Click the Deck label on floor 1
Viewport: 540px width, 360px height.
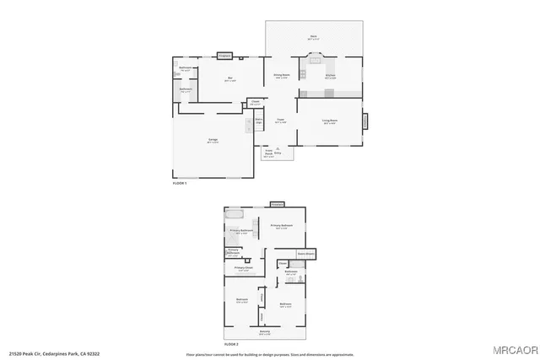point(313,37)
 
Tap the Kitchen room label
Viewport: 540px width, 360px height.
point(331,77)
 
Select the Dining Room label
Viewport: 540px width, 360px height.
point(282,77)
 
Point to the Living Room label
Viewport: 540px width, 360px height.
point(330,121)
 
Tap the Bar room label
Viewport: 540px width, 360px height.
point(230,80)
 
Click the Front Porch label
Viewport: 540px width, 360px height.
point(269,154)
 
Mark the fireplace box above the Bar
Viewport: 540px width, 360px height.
point(224,56)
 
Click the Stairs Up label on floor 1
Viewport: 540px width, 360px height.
point(260,122)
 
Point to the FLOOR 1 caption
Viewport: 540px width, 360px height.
point(179,183)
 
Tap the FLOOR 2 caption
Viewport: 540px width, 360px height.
point(230,344)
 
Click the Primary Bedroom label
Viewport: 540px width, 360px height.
point(281,226)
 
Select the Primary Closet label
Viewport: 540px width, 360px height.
point(243,270)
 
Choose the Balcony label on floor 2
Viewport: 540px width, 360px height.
point(265,332)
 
